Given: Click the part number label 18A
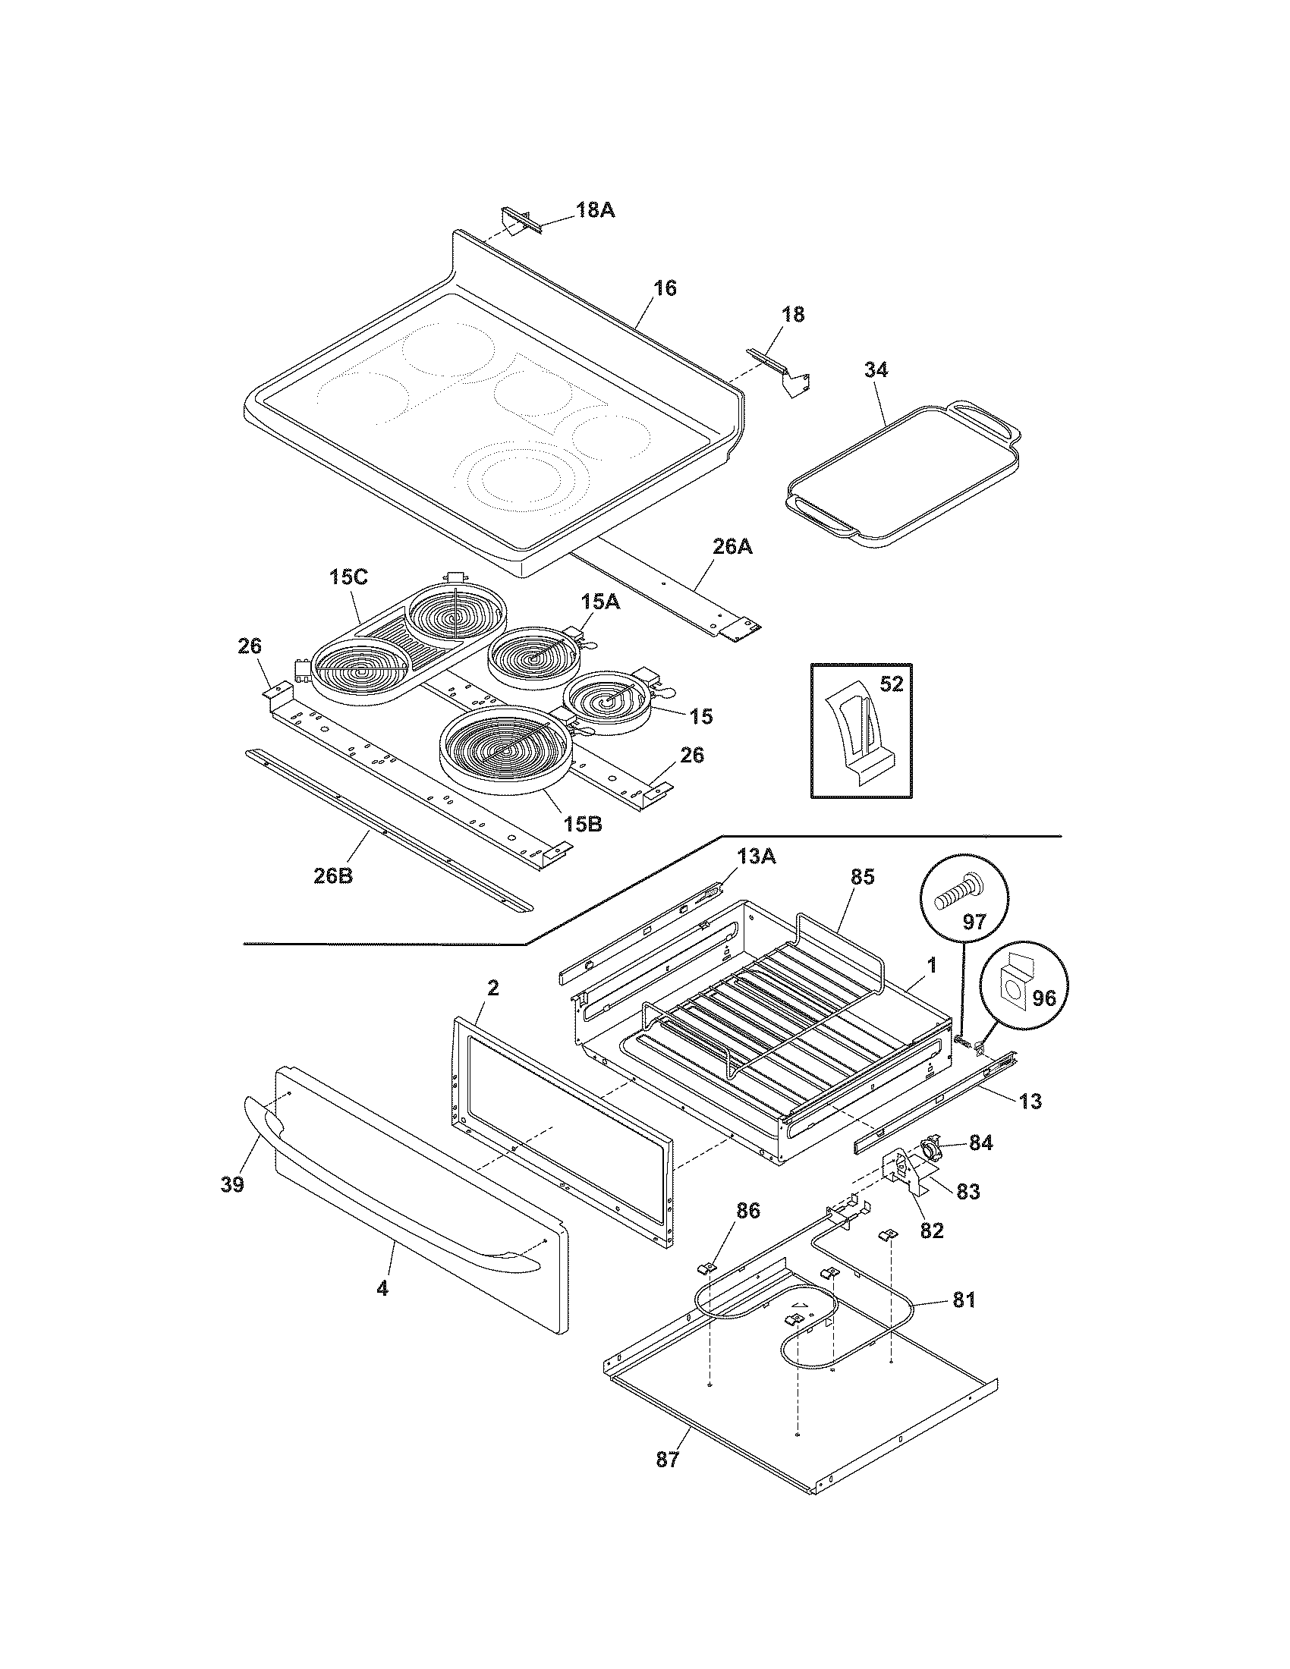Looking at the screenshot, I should click(595, 209).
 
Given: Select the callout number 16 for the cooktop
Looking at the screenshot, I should click(664, 288).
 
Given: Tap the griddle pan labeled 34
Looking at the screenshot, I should click(901, 474).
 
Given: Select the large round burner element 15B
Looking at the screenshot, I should click(505, 750).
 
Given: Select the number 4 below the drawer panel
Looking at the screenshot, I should click(382, 1287).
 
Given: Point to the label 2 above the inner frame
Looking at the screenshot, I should click(493, 988).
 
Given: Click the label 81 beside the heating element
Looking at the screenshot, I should click(964, 1298).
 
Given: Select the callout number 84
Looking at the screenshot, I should click(980, 1164).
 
